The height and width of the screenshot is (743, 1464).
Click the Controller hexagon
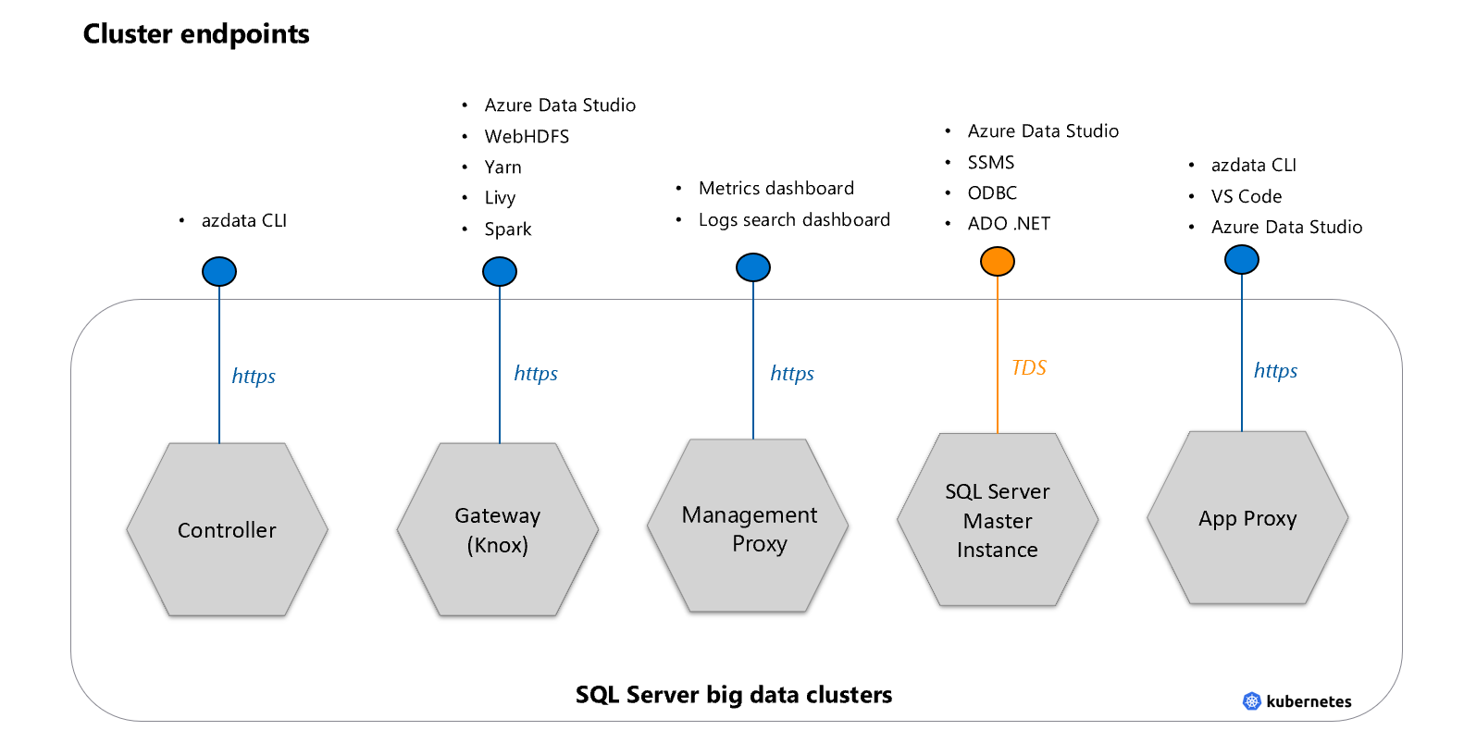227,529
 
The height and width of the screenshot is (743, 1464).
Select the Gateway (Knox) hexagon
498,529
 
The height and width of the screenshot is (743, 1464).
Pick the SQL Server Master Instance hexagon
998,520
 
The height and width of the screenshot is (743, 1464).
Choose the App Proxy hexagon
1247,518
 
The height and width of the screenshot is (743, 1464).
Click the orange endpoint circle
998,262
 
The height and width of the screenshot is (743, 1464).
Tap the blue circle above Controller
219,271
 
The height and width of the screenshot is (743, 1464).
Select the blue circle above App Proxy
1242,260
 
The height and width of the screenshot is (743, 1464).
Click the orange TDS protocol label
1029,368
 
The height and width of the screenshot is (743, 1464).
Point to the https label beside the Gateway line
536,374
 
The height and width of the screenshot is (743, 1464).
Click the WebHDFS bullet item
527,137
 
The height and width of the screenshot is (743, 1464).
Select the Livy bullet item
500,198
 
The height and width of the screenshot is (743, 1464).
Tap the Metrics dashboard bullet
776,189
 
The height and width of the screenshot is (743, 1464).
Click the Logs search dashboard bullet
794,220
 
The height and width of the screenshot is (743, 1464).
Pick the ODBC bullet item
992,193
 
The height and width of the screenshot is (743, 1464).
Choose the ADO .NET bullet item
1009,224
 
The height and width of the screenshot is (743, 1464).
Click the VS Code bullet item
1247,196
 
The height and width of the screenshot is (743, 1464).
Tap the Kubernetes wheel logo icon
1252,701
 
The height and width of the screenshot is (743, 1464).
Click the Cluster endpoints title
196,34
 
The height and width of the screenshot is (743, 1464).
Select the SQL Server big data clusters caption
734,695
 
